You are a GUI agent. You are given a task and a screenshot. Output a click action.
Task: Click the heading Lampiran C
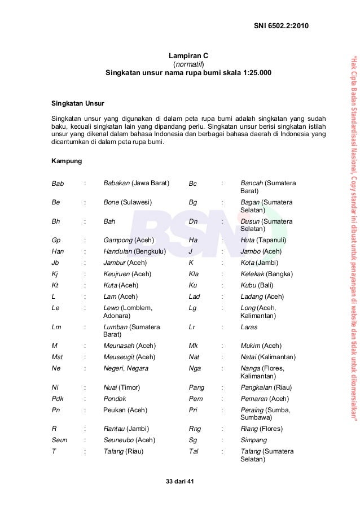pos(189,56)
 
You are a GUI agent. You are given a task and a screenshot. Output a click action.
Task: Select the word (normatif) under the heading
pos(188,64)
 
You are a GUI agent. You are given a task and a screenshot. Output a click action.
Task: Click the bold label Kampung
pos(67,162)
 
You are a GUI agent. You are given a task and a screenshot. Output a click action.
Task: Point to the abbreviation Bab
pos(58,184)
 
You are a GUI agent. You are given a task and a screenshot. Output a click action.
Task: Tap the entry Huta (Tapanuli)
pos(263,240)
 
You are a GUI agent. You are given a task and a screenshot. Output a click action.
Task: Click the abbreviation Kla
pos(194,274)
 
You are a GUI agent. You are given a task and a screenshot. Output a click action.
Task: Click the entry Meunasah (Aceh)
pos(129,346)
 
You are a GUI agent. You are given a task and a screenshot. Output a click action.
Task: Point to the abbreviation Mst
pos(57,357)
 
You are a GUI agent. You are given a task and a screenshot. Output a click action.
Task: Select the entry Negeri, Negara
pos(126,368)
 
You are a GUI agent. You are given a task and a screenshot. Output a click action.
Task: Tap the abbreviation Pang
pos(196,388)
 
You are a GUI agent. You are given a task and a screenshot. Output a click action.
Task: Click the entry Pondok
pos(116,399)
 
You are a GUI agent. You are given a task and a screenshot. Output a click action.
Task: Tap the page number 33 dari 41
pos(178,481)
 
